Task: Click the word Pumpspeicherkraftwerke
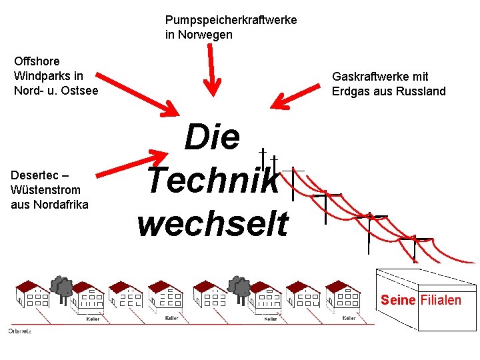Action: click(x=231, y=21)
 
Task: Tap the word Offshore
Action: click(x=37, y=61)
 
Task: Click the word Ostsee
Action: click(x=81, y=91)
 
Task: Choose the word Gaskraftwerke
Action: click(x=371, y=77)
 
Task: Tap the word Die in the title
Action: click(x=212, y=137)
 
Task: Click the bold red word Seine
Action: click(x=398, y=300)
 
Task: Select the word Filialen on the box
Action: click(x=441, y=300)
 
